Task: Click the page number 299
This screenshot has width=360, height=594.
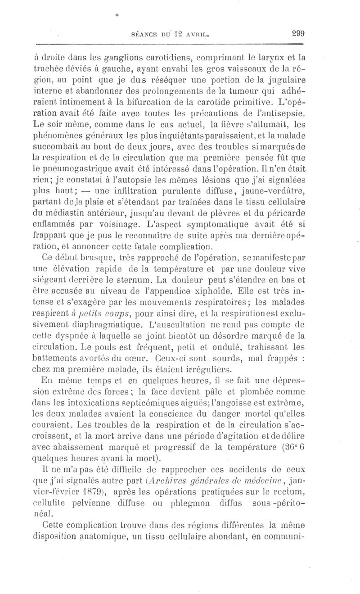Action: click(x=298, y=32)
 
